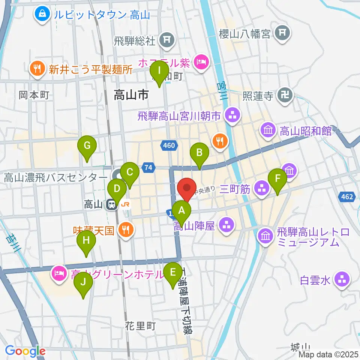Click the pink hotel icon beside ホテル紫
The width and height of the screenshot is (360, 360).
[x=202, y=61]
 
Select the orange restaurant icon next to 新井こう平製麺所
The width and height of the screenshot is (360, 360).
[x=36, y=69]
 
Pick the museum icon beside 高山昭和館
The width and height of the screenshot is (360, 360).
[x=268, y=131]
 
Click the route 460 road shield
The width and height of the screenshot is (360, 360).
[x=169, y=145]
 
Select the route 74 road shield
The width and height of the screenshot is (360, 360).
[x=149, y=168]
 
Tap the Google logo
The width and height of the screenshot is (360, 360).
[x=25, y=351]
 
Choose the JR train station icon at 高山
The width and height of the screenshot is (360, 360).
[x=111, y=205]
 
